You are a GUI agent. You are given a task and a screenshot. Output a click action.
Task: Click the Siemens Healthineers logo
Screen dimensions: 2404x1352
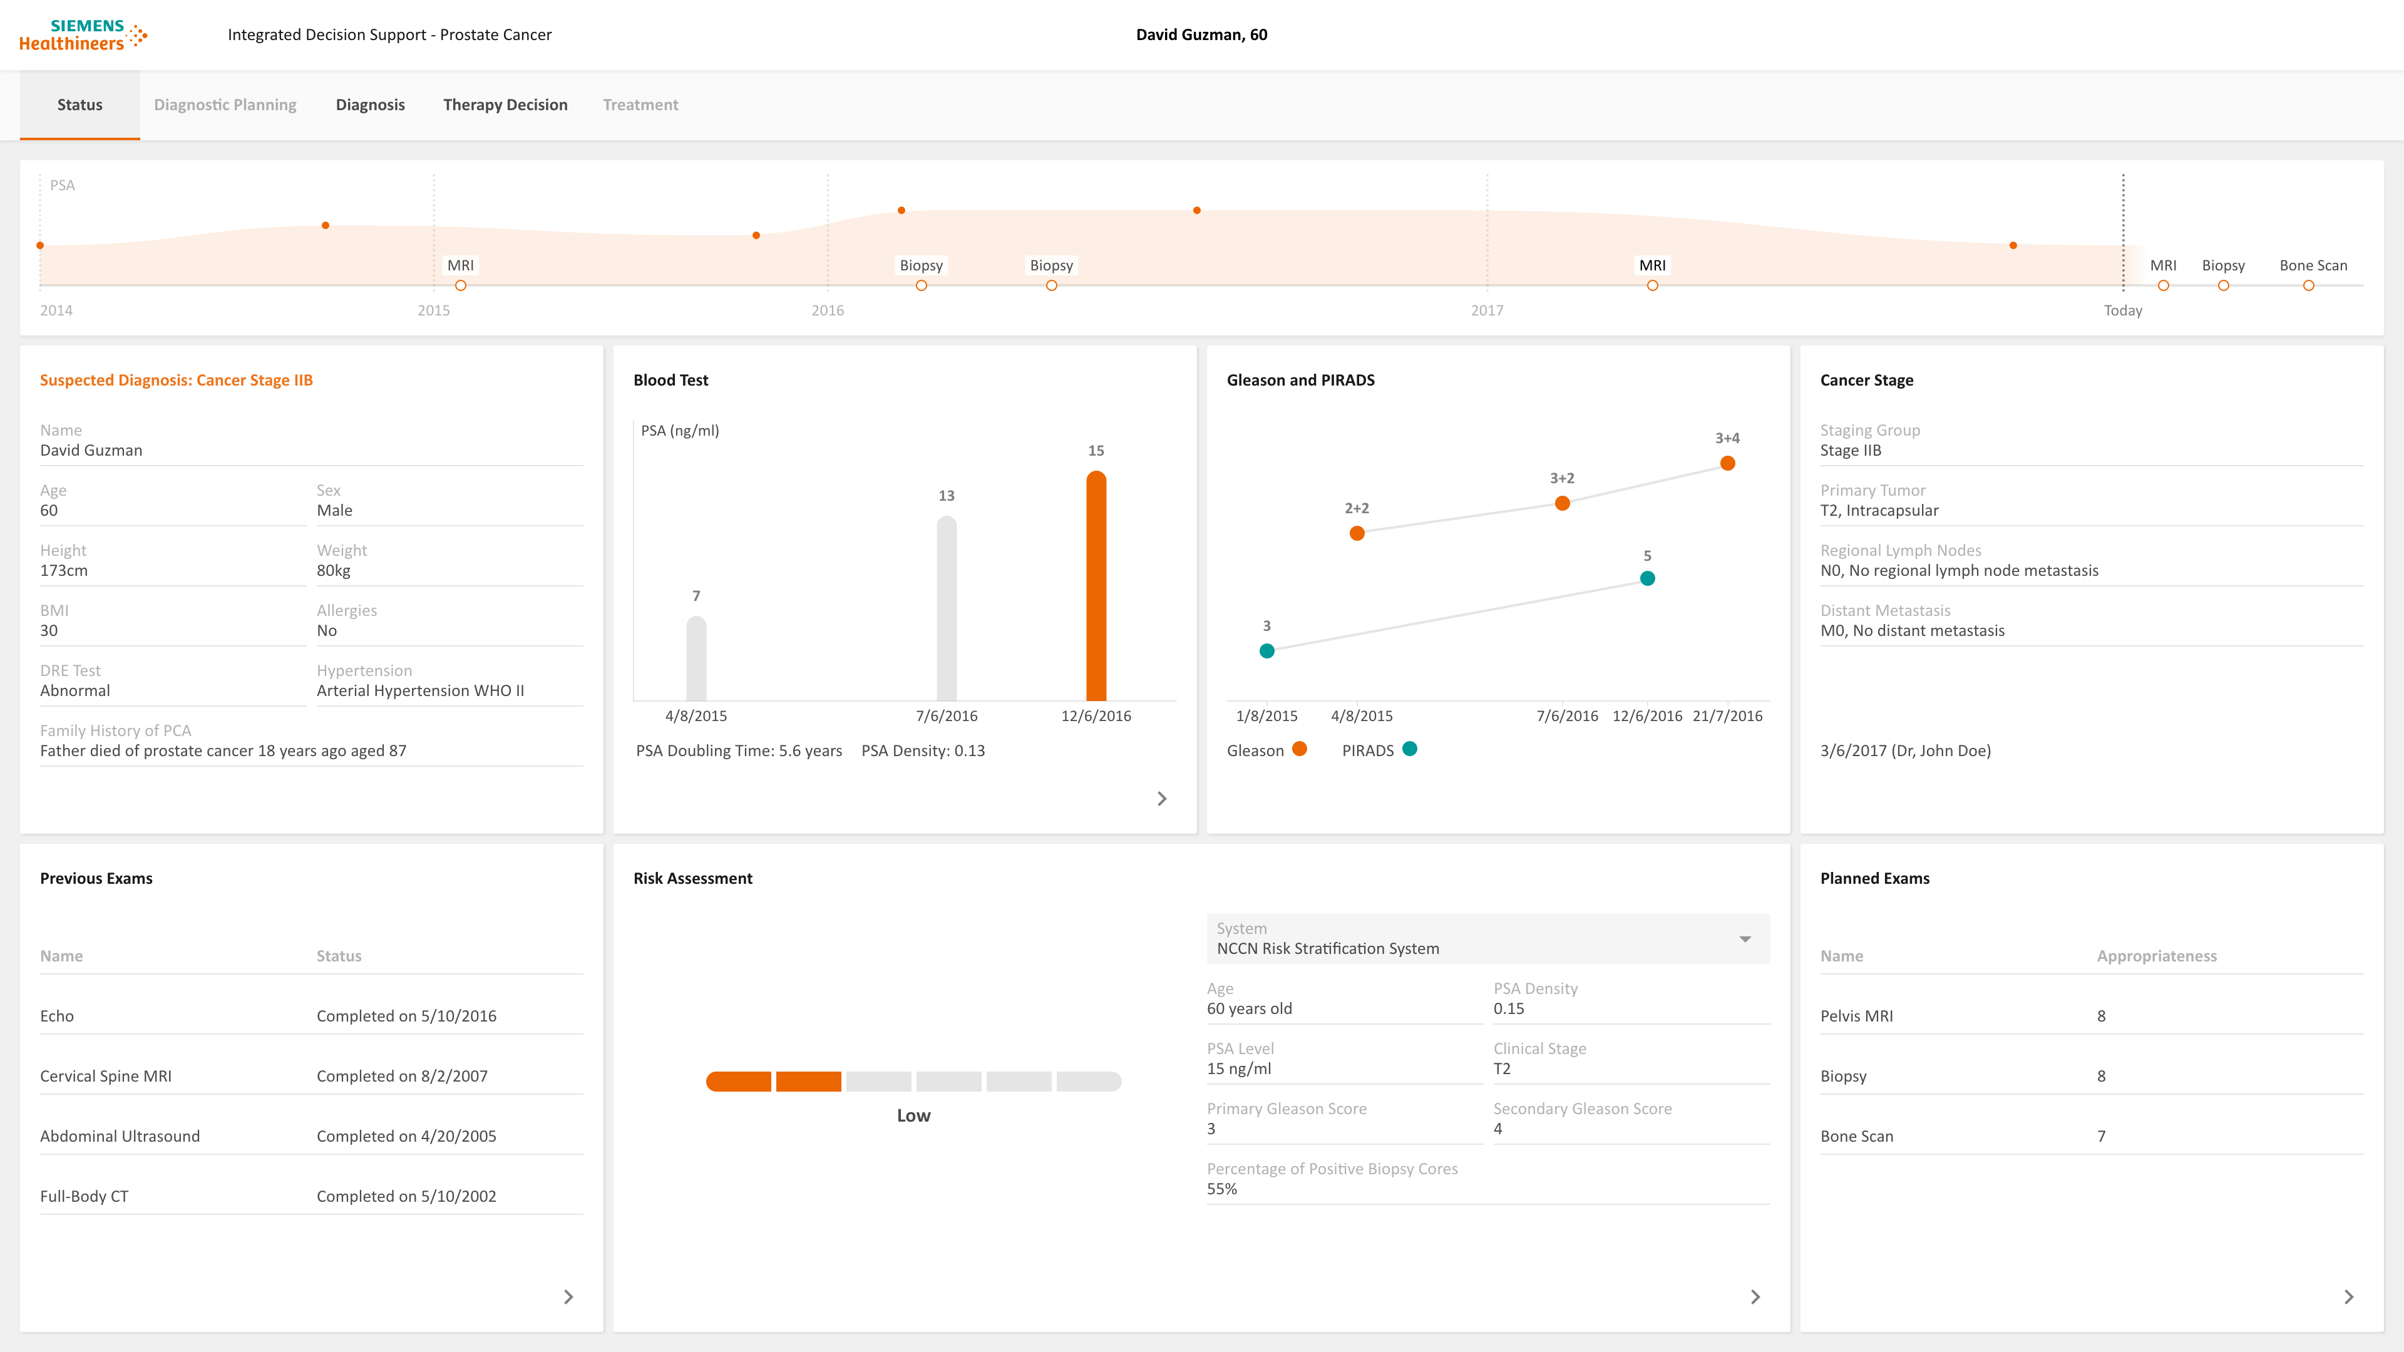pyautogui.click(x=83, y=34)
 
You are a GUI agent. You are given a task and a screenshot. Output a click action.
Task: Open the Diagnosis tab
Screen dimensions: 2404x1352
pyautogui.click(x=371, y=105)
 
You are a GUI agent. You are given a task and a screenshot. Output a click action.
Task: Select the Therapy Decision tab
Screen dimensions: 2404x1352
pyautogui.click(x=505, y=105)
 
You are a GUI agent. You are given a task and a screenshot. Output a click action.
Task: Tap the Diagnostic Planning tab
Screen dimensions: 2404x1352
pyautogui.click(x=225, y=105)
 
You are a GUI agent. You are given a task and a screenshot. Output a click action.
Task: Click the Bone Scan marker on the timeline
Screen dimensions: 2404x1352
pyautogui.click(x=2308, y=285)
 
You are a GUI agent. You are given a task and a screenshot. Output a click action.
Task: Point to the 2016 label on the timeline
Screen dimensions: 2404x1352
pyautogui.click(x=828, y=310)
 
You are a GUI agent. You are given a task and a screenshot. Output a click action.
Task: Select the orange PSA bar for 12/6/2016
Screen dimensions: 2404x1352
pyautogui.click(x=1096, y=586)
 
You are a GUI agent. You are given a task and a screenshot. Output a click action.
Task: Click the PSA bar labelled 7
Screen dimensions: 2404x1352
pyautogui.click(x=696, y=658)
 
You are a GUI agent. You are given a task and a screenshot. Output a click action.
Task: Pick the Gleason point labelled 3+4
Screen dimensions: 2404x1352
pyautogui.click(x=1727, y=464)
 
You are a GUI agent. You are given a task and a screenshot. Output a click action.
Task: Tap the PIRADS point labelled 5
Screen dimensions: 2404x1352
pyautogui.click(x=1647, y=578)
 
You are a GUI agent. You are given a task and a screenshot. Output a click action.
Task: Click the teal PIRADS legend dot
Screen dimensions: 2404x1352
pyautogui.click(x=1409, y=749)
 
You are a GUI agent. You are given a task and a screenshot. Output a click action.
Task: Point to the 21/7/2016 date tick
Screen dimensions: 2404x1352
pyautogui.click(x=1727, y=715)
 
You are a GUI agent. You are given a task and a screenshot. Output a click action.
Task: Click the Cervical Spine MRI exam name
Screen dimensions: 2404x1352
pyautogui.click(x=105, y=1076)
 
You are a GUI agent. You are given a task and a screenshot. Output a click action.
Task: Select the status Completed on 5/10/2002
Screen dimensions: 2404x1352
pyautogui.click(x=406, y=1196)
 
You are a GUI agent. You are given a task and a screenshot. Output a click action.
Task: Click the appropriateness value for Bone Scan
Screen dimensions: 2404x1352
pyautogui.click(x=2101, y=1135)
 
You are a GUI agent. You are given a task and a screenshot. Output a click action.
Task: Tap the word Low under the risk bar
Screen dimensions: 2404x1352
pyautogui.click(x=913, y=1115)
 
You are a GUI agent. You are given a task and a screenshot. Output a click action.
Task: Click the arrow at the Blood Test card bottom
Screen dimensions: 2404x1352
pyautogui.click(x=1162, y=799)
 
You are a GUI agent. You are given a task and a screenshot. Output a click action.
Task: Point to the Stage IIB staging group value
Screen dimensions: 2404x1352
pyautogui.click(x=1851, y=450)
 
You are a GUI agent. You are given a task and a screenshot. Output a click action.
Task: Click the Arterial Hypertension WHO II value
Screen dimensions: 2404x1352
pyautogui.click(x=420, y=690)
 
